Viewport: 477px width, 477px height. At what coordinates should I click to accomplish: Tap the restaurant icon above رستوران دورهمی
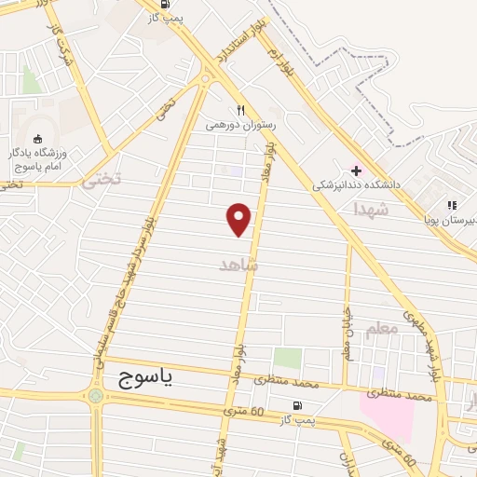point(239,108)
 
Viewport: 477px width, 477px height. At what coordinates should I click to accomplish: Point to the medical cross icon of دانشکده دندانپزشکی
point(356,170)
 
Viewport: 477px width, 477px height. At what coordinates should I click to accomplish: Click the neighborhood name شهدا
point(369,211)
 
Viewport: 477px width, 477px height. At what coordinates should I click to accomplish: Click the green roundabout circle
point(95,396)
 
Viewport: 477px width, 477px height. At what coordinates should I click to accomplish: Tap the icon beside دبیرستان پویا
point(452,205)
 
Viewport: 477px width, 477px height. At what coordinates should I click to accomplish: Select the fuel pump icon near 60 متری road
point(297,405)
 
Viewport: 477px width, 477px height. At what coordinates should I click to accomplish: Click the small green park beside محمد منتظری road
point(288,358)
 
